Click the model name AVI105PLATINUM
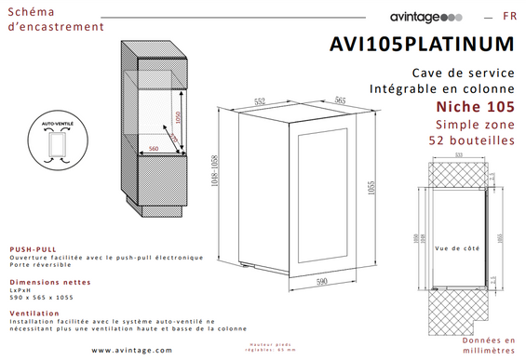click(x=422, y=44)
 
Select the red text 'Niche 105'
click(x=475, y=107)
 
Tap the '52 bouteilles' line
click(x=470, y=140)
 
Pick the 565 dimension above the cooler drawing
click(x=340, y=100)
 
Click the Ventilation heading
click(x=34, y=313)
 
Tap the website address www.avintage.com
click(x=132, y=351)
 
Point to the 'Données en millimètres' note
click(x=488, y=346)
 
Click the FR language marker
click(x=510, y=17)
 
